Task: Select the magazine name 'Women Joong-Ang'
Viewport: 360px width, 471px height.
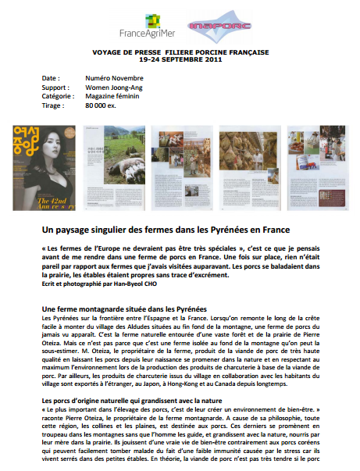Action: click(112, 87)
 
